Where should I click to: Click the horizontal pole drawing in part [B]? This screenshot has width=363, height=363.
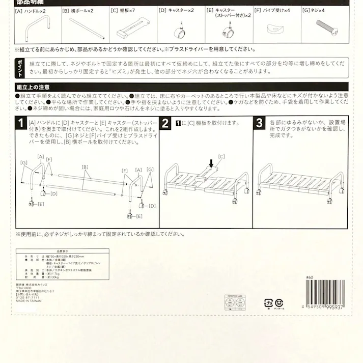83,29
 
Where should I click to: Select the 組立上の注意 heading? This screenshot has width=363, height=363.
29,87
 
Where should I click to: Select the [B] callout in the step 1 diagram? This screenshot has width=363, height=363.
86,166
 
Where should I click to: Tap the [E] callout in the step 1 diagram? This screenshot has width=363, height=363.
40,204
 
